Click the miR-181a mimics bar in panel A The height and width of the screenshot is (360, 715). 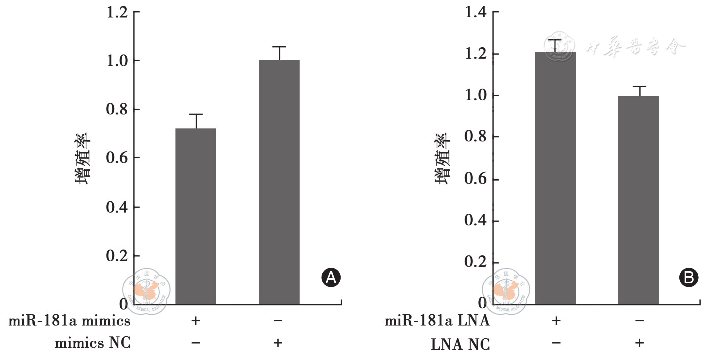196,216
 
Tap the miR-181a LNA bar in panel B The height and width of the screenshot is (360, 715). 555,177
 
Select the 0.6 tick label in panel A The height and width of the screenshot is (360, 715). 117,158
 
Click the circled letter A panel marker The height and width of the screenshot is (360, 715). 331,277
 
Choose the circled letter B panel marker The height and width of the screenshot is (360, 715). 688,277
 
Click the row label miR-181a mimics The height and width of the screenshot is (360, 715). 70,321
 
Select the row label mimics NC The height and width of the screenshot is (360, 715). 93,343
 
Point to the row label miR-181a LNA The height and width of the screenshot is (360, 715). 437,321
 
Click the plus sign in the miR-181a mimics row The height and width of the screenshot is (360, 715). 196,321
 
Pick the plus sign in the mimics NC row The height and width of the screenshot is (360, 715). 279,343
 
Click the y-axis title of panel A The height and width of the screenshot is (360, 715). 83,158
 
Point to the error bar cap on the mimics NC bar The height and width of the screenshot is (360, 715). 279,47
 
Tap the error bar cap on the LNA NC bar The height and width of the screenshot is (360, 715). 638,86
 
